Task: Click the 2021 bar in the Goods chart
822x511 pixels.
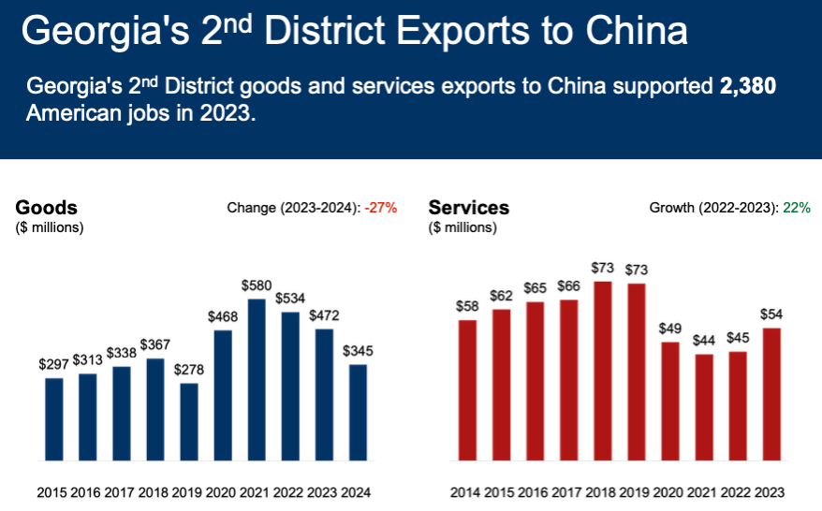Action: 257,380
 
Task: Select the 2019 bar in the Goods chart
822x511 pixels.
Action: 189,422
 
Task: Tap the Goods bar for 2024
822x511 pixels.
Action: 357,413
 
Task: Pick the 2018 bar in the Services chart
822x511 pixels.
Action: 603,372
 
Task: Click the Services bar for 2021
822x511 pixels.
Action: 703,407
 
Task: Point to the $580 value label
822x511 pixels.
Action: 257,284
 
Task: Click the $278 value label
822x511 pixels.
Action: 189,369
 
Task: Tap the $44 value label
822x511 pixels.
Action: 703,340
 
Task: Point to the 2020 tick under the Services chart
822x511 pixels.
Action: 669,492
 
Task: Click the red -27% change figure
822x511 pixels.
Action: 381,208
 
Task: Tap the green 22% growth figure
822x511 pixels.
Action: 798,208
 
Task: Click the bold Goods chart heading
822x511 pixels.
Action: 46,208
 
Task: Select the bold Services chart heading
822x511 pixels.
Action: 468,208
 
